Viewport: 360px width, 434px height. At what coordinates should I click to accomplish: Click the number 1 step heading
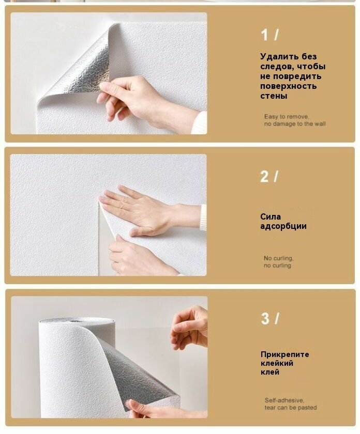coord(269,35)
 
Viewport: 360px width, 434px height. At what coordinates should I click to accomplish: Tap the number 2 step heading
coord(269,176)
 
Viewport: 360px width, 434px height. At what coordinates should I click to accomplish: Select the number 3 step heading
coord(269,318)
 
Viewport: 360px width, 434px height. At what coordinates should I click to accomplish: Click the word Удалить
coord(279,57)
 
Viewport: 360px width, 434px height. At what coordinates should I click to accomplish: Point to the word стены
coord(274,96)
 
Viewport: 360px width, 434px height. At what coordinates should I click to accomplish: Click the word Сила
coord(271,216)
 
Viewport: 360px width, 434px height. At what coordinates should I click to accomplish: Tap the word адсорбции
coord(283,226)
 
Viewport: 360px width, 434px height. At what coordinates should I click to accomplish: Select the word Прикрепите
coord(284,354)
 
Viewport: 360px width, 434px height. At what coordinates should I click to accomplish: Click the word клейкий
coord(277,363)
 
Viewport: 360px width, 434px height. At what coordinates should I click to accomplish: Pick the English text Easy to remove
coord(287,117)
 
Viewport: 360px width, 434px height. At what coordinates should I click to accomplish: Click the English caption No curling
coord(278,258)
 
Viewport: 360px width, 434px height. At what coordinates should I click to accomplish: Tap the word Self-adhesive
coord(284,400)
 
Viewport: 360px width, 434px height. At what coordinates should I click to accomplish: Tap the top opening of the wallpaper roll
coord(77,321)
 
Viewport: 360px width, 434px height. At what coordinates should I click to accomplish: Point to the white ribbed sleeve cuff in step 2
coord(203,218)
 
